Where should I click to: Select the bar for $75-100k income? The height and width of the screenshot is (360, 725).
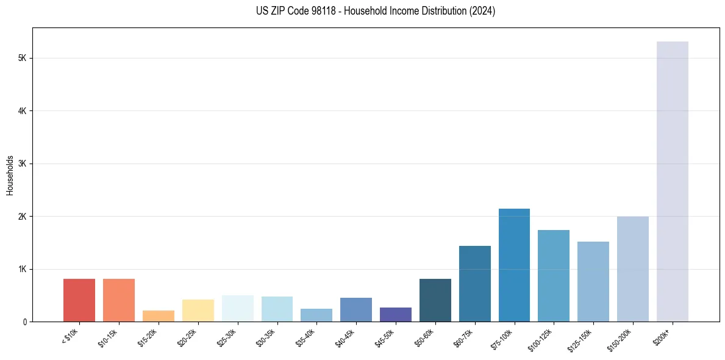coord(514,265)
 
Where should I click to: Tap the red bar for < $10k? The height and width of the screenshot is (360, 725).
coord(79,300)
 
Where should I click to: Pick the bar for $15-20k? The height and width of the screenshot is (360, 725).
coord(158,316)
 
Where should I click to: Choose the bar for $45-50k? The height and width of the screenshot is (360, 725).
coord(395,314)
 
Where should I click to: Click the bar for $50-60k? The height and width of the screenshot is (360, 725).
coord(435,300)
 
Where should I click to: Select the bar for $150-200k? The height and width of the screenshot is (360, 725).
coord(632,268)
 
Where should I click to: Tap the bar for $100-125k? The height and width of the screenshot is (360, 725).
coord(554,275)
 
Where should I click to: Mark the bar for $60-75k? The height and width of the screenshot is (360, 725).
coord(474,283)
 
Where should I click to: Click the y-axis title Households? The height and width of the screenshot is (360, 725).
coord(10,175)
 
